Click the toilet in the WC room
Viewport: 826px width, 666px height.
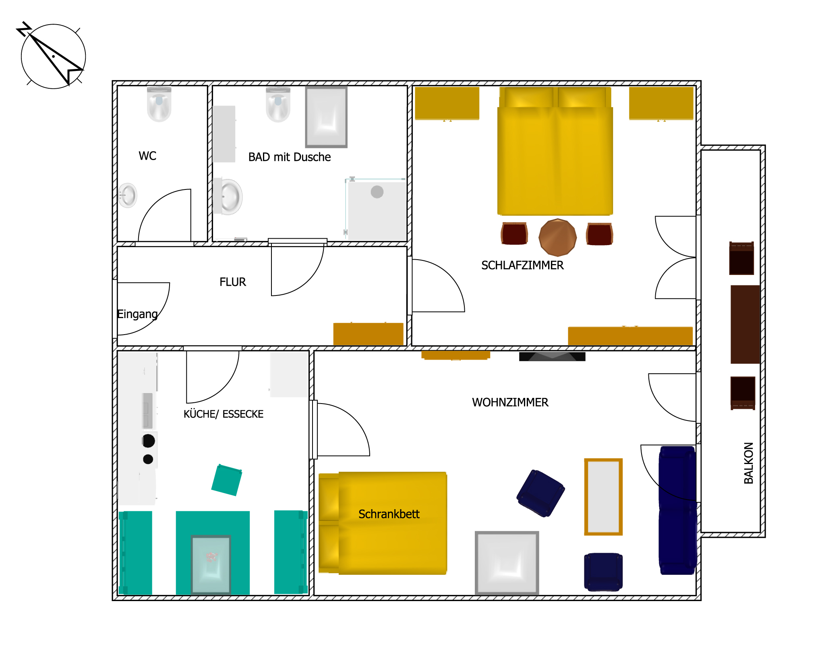click(159, 104)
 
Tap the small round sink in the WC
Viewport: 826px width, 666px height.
click(128, 196)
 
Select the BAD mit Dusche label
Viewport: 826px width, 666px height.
click(290, 157)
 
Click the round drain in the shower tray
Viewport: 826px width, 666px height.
click(377, 192)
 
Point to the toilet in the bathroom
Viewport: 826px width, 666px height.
click(278, 104)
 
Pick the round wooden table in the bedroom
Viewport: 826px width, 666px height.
click(557, 237)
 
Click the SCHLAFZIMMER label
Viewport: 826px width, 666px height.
click(522, 265)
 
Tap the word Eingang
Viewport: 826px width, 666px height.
click(137, 314)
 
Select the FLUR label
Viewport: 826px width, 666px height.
click(233, 282)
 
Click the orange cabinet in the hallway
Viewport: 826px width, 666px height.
click(368, 334)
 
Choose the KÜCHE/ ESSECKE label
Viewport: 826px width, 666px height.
click(224, 414)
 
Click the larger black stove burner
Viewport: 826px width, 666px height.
click(149, 441)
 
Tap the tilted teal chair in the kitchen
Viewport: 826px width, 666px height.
click(227, 480)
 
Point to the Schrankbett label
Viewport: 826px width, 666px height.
click(389, 514)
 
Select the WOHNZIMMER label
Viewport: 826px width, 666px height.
click(510, 402)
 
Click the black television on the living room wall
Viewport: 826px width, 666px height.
click(552, 356)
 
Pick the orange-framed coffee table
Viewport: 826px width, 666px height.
click(603, 497)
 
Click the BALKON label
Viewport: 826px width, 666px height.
click(749, 463)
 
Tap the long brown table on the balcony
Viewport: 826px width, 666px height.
click(745, 325)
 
